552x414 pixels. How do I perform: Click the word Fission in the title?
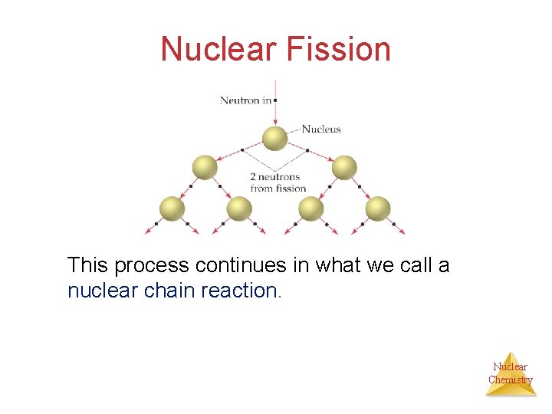click(x=338, y=49)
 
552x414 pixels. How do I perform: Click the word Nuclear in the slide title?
click(x=220, y=49)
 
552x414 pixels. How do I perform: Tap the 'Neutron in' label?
click(x=245, y=100)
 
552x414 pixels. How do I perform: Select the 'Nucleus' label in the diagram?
click(x=321, y=130)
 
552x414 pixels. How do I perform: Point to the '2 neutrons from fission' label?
click(x=278, y=182)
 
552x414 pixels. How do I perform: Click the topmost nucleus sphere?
click(x=275, y=139)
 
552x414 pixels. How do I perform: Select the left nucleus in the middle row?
click(x=205, y=167)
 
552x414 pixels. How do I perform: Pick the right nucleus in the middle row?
click(x=344, y=167)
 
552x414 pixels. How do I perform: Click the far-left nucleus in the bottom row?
click(x=172, y=208)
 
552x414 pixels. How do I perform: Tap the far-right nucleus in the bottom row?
click(x=377, y=208)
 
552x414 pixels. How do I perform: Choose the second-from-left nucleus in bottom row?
click(x=239, y=208)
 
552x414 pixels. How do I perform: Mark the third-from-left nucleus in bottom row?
click(x=310, y=208)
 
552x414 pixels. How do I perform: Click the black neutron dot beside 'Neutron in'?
click(x=274, y=100)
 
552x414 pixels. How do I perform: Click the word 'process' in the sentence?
click(x=151, y=266)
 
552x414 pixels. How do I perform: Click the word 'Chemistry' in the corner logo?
click(x=511, y=379)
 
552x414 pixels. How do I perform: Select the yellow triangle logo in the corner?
click(x=511, y=374)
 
